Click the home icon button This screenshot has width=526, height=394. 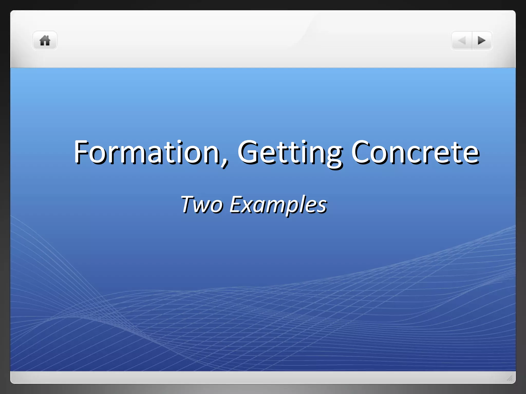[45, 41]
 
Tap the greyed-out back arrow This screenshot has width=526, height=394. [462, 41]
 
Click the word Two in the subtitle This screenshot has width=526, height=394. [202, 204]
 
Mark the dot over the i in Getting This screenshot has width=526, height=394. [304, 142]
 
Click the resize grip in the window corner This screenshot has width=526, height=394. [510, 378]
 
